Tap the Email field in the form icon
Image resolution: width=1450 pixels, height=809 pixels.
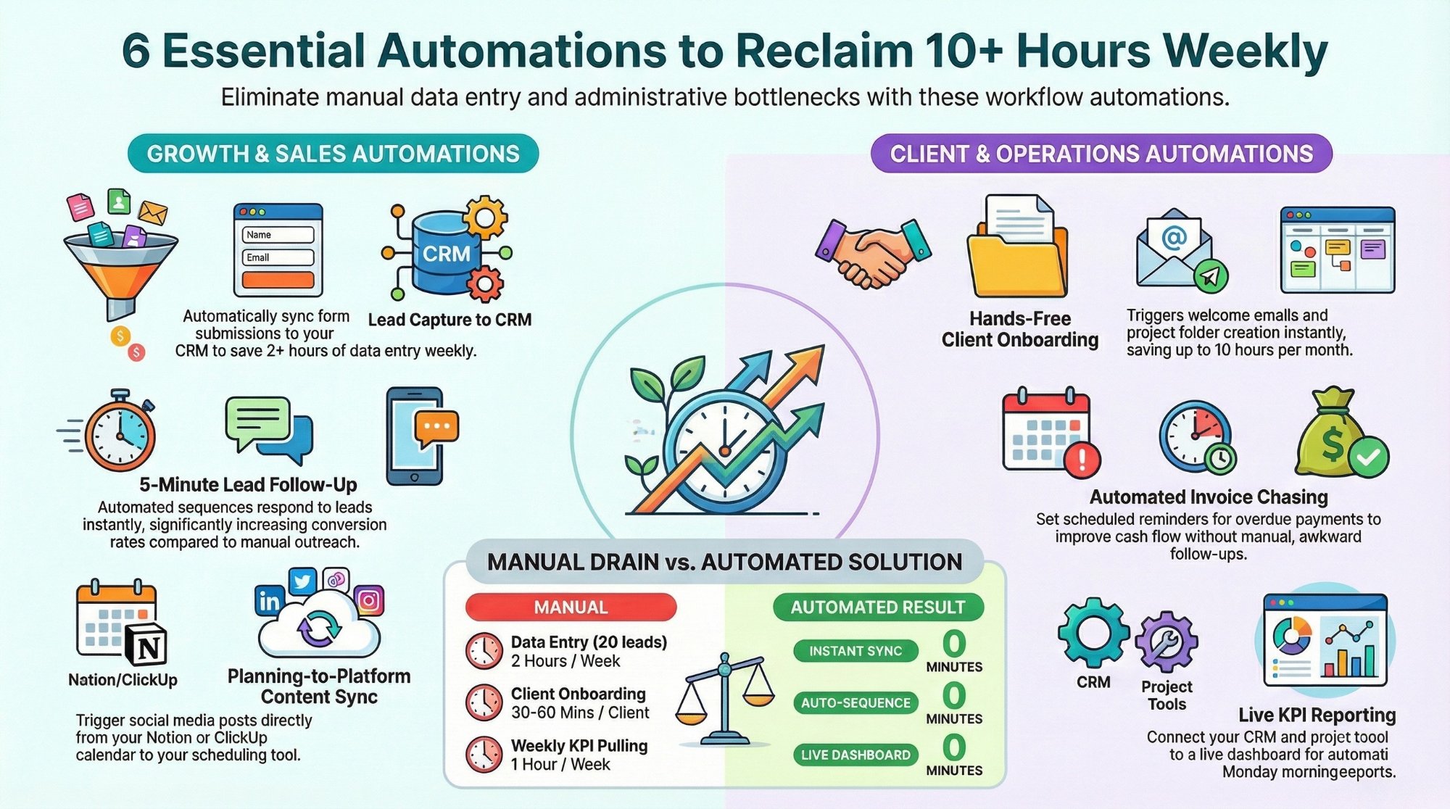click(x=278, y=257)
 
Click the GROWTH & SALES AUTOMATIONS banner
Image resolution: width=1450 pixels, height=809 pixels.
click(x=333, y=154)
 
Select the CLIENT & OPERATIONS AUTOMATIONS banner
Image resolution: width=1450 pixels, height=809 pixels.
click(x=1101, y=154)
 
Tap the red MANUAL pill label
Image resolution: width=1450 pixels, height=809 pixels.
click(x=571, y=607)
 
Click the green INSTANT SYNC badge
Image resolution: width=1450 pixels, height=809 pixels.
click(x=855, y=651)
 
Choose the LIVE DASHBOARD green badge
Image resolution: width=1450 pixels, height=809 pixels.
click(x=855, y=755)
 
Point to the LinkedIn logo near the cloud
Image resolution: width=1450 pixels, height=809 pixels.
click(x=269, y=600)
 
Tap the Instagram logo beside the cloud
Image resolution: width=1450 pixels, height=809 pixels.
click(x=369, y=600)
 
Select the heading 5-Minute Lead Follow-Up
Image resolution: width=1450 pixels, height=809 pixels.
click(x=248, y=484)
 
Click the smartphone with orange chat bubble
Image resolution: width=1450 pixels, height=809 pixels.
click(x=418, y=435)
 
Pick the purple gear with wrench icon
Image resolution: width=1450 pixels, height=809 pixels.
click(x=1166, y=642)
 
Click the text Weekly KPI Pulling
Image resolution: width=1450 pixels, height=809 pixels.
click(x=579, y=745)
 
